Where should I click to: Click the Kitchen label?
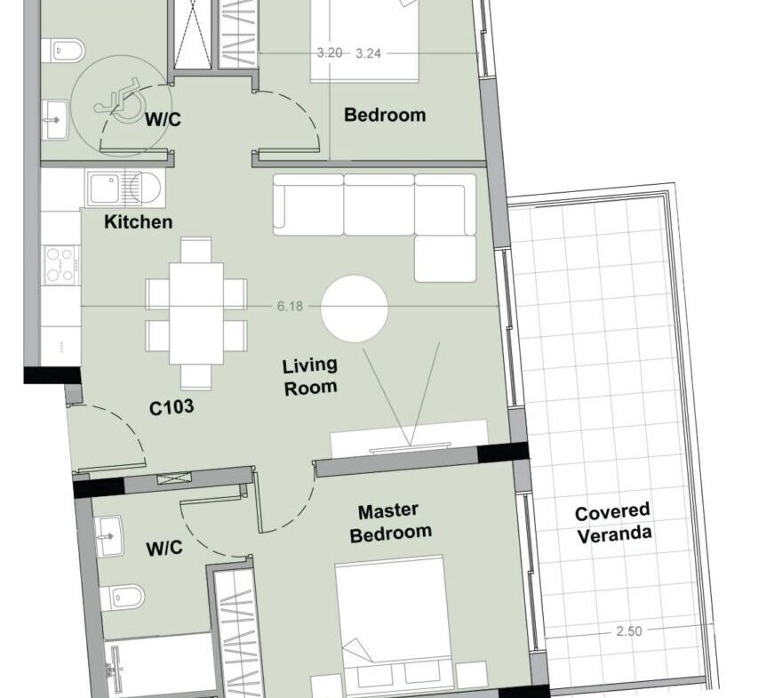139,221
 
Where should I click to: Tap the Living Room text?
310,377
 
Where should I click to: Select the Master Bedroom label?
390,523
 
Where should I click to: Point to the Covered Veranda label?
613,524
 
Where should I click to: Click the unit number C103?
172,407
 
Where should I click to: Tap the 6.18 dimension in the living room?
290,306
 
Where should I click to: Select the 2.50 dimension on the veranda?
629,630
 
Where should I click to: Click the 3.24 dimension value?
368,53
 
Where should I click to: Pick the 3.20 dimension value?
330,52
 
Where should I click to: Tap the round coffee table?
355,309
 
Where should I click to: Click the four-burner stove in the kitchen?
61,266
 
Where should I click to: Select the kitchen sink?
124,189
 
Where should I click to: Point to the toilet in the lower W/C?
122,598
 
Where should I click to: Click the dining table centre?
196,314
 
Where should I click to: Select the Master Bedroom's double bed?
393,622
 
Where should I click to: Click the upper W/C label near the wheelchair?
163,119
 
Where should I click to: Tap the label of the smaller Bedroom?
385,115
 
